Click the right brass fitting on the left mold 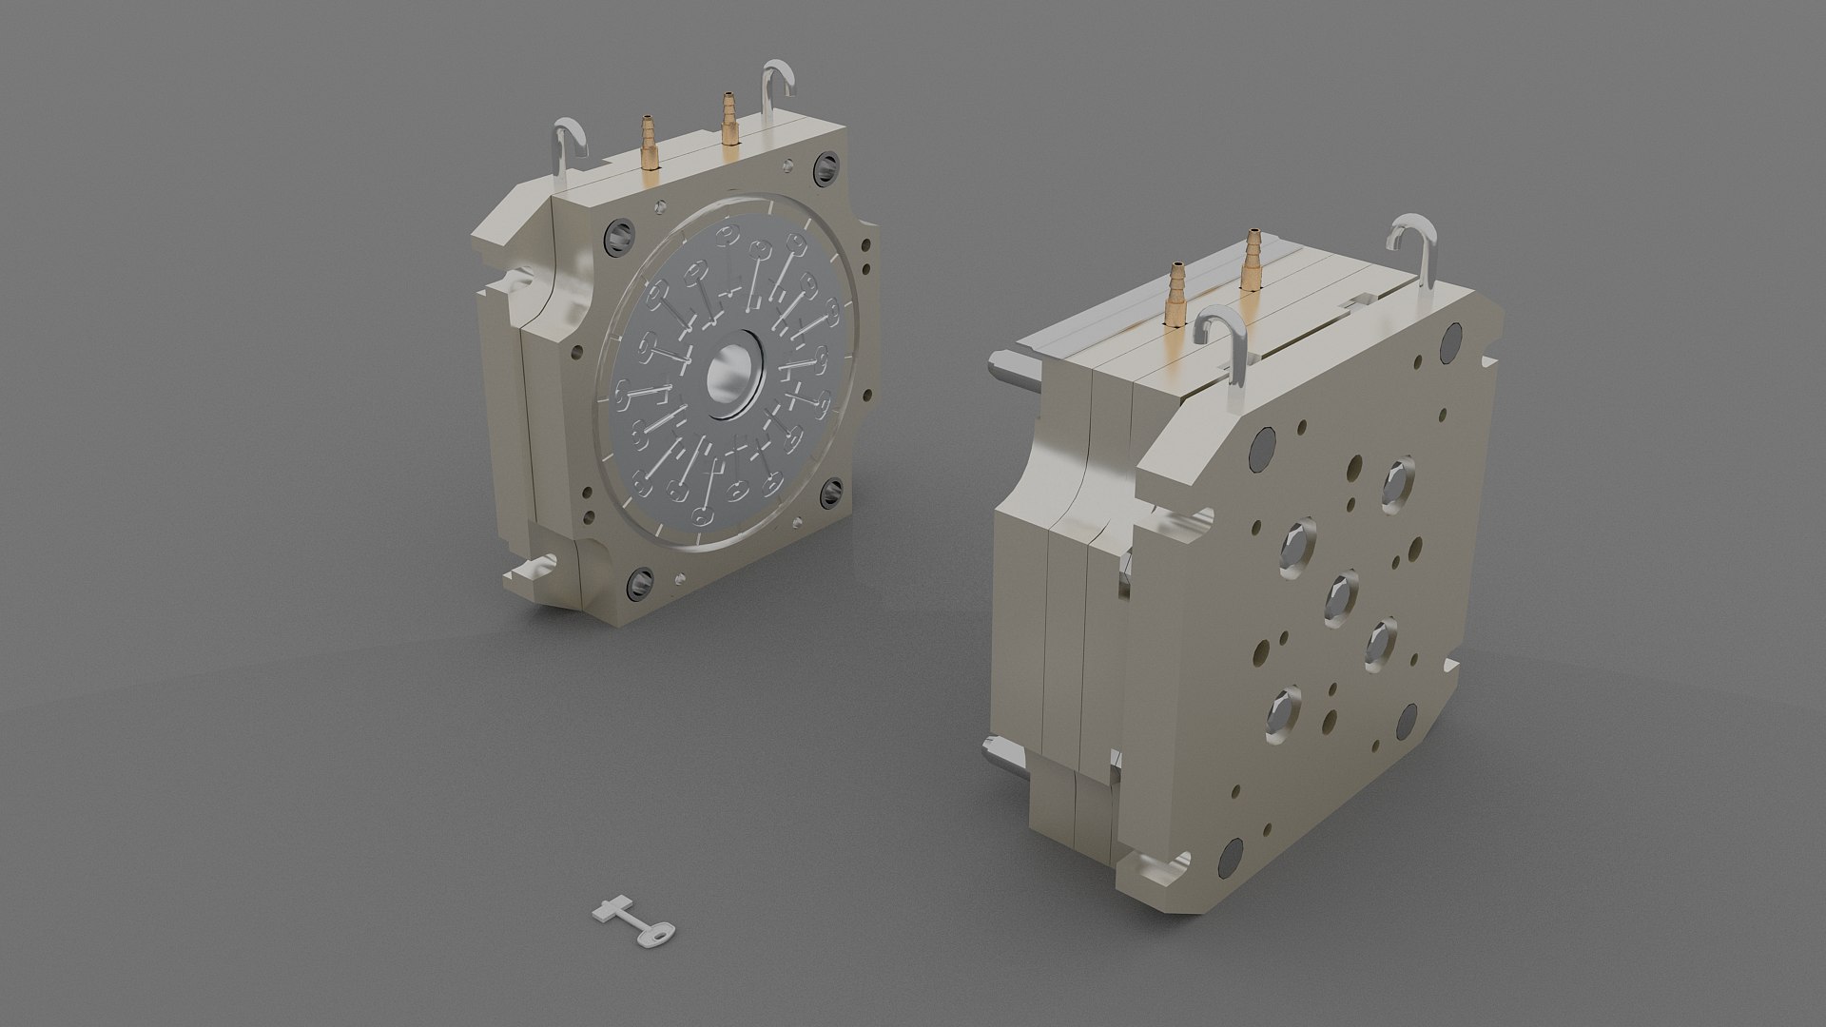tap(729, 119)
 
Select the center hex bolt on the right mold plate tap(1342, 597)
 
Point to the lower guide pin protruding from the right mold tap(1004, 758)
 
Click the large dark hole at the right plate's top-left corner tap(1264, 446)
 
